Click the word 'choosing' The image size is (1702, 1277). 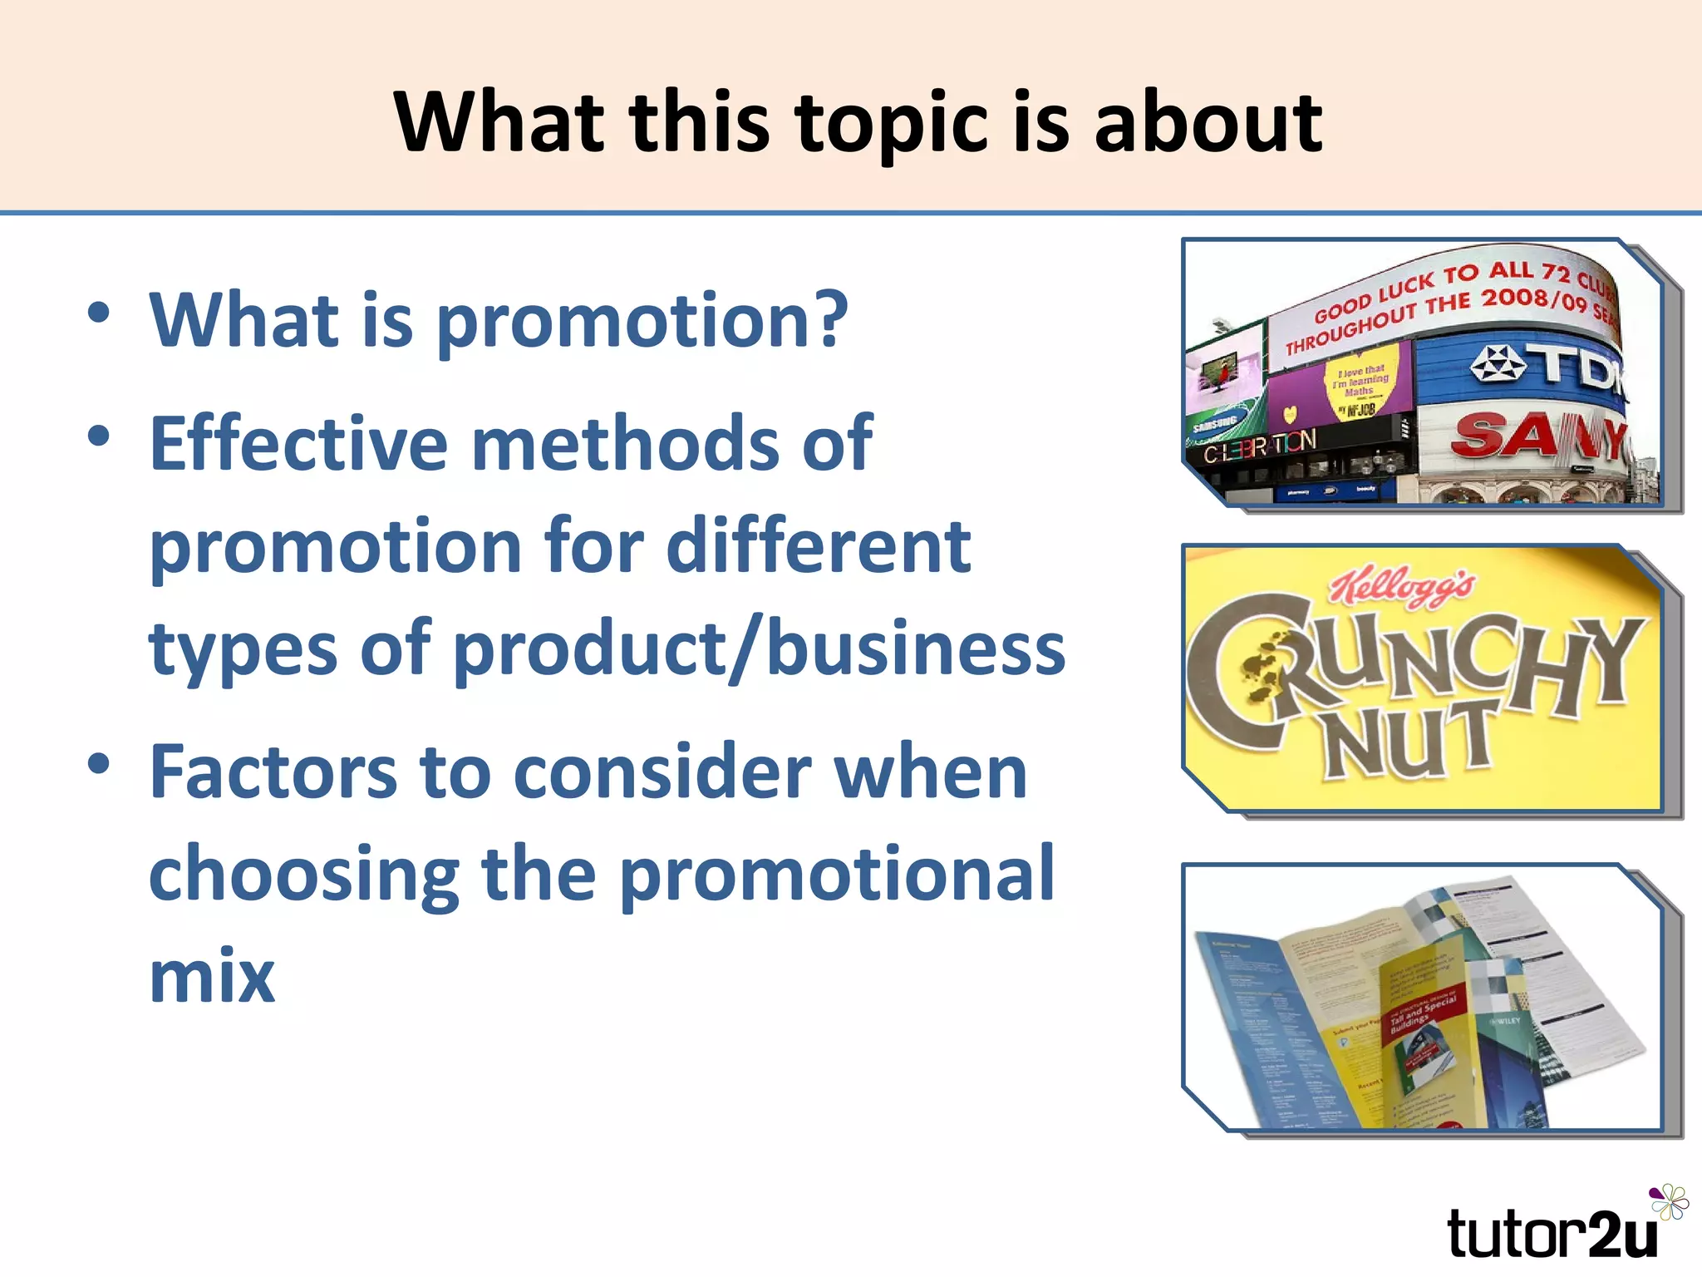(303, 875)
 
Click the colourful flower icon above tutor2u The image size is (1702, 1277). (1669, 1202)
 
